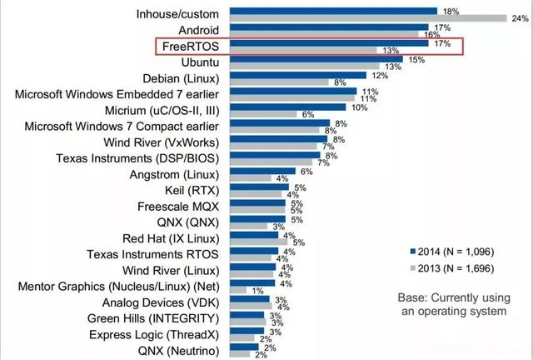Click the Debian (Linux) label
[176, 77]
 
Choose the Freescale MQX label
[177, 205]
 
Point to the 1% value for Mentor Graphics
[258, 290]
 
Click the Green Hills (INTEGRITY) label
[154, 317]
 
